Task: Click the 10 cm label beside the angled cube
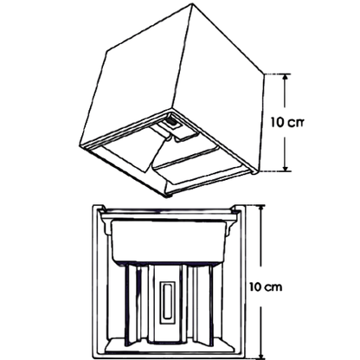click(287, 123)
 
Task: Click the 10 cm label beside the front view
click(266, 287)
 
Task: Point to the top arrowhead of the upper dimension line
click(285, 77)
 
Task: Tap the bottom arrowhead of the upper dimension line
click(285, 167)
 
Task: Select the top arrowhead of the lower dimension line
click(261, 209)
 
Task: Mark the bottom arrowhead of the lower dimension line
click(261, 355)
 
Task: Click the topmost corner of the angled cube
click(192, 3)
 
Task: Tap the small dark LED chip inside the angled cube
click(172, 123)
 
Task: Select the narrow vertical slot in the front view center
click(168, 300)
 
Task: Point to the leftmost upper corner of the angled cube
click(107, 52)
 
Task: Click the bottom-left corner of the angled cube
click(80, 147)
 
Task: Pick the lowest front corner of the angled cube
click(168, 196)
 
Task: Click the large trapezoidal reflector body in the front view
click(168, 241)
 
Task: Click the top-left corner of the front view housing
click(93, 206)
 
